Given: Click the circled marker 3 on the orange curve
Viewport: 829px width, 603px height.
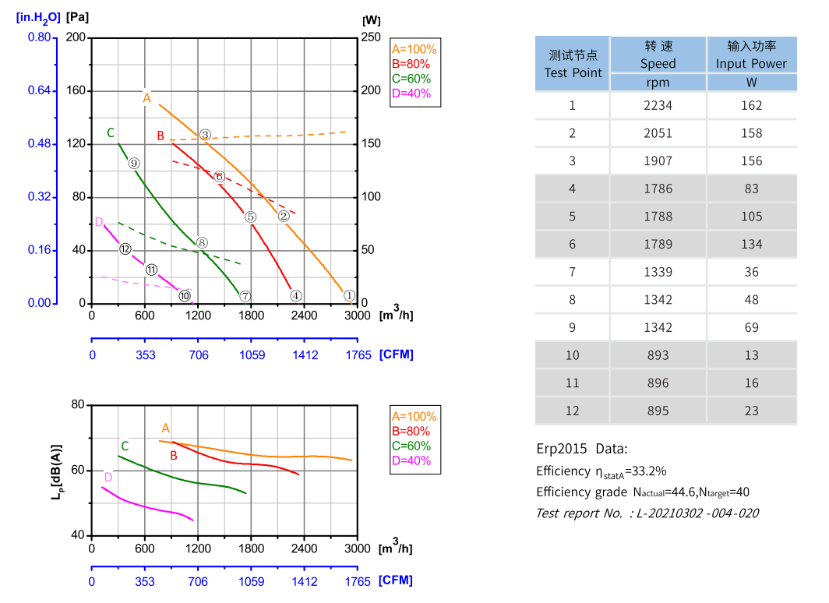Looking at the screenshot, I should tap(205, 136).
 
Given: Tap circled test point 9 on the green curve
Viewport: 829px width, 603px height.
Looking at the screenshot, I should tap(134, 164).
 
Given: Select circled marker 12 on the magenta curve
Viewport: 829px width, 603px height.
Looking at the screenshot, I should tap(125, 249).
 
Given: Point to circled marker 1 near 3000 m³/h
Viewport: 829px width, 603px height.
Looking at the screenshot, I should tap(349, 296).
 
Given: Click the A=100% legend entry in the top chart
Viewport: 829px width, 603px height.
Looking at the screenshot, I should tap(414, 48).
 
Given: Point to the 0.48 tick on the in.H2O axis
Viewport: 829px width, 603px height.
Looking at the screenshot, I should tap(40, 144).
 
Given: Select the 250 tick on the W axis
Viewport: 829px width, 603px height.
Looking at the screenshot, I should tap(372, 37).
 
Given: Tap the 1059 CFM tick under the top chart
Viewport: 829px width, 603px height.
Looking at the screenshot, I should tap(251, 355).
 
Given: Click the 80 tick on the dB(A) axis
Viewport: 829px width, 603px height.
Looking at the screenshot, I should tap(77, 405).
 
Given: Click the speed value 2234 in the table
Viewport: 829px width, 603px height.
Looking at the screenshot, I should tap(658, 105).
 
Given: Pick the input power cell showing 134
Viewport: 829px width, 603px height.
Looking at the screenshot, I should tap(751, 244).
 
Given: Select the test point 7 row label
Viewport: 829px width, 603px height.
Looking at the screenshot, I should tap(572, 272).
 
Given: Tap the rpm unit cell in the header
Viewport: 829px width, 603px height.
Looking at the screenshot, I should tap(658, 83).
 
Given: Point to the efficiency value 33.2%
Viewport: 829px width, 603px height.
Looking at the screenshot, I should tap(647, 471).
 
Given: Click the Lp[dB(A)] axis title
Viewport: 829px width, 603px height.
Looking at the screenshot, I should tap(57, 471).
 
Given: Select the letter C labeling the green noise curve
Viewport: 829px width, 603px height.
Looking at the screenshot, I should tap(125, 446).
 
